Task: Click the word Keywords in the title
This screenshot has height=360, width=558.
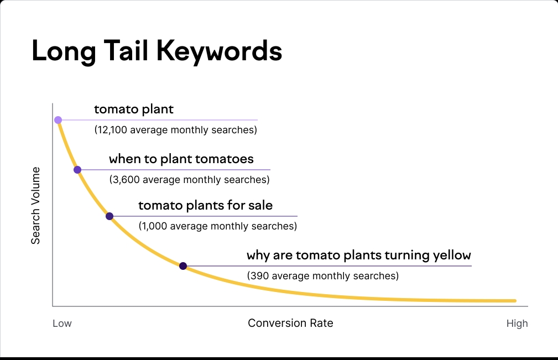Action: (x=219, y=51)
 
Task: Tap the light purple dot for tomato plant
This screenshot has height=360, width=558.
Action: (x=58, y=119)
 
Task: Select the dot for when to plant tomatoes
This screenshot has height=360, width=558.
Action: (x=77, y=170)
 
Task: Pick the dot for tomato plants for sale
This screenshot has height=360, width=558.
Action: (x=109, y=216)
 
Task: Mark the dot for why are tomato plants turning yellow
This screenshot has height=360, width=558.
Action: (x=183, y=266)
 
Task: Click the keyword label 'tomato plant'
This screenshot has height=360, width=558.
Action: (x=134, y=109)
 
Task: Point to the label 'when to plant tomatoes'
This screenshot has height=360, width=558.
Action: (x=181, y=159)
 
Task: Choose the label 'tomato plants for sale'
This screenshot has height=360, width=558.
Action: (x=205, y=206)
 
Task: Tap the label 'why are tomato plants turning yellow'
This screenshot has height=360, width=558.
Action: (x=358, y=255)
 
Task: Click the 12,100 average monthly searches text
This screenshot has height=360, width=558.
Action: (x=176, y=131)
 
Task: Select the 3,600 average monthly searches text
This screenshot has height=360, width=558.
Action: (x=189, y=180)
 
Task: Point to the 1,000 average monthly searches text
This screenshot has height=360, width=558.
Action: (x=217, y=226)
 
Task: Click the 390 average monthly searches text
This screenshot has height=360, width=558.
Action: (x=322, y=275)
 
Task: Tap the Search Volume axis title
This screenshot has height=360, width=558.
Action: (x=36, y=205)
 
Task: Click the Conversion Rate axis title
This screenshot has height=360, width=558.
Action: (x=290, y=323)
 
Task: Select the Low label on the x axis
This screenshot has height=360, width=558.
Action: (x=62, y=324)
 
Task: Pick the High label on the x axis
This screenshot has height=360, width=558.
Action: (x=517, y=324)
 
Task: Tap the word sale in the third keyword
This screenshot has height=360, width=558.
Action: (x=260, y=206)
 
